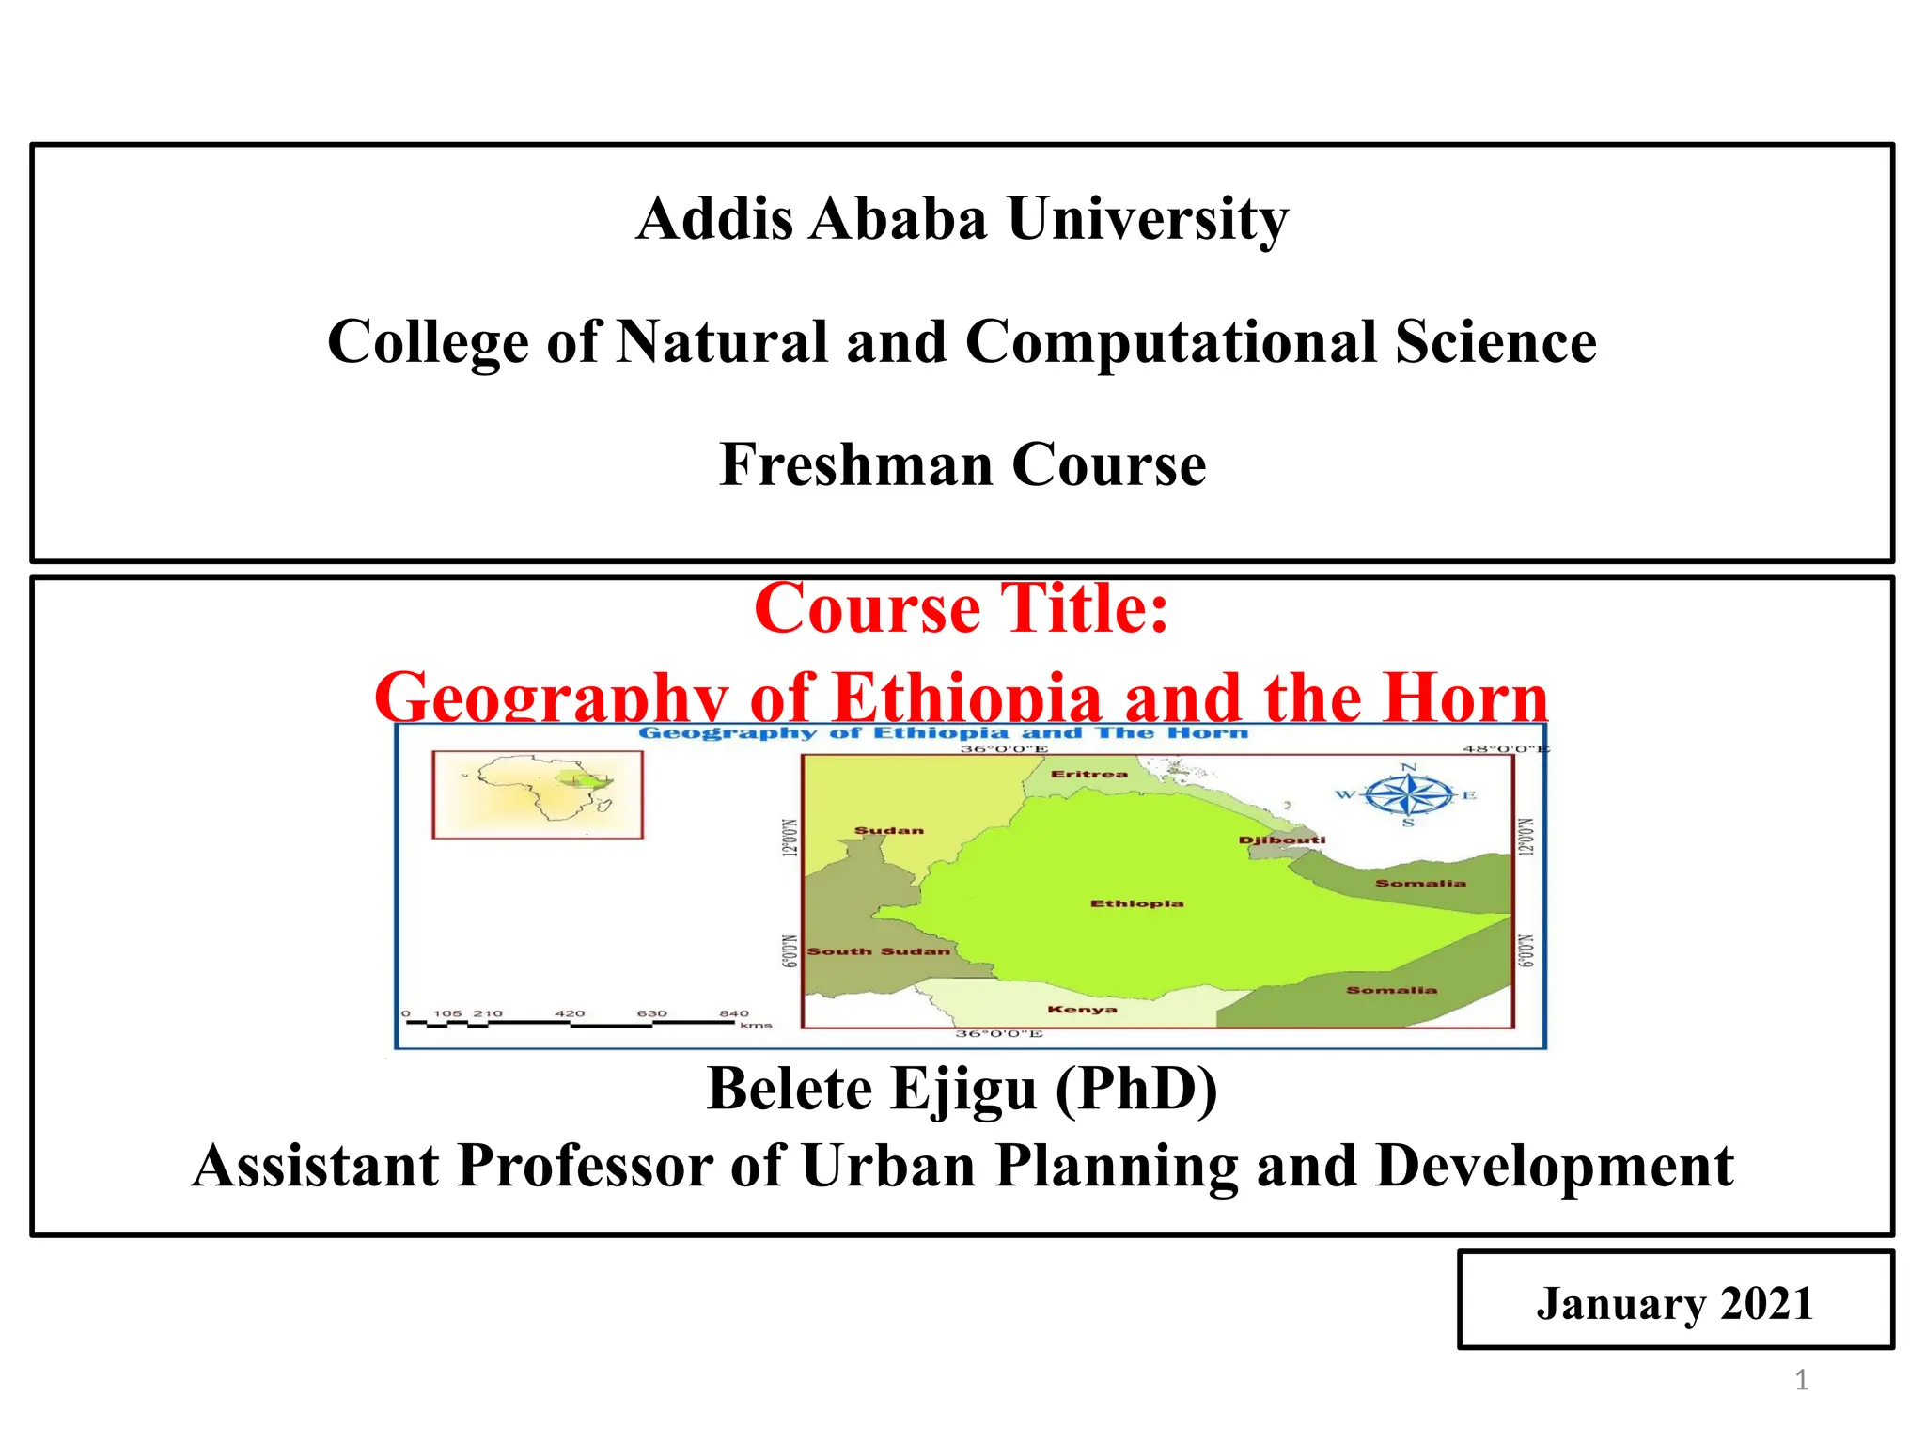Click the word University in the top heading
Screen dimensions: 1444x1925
coord(1148,219)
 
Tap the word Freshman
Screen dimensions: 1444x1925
coord(856,464)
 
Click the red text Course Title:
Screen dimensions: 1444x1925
coord(962,609)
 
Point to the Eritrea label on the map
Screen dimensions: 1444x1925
coord(1088,774)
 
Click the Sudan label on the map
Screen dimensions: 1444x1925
coord(888,830)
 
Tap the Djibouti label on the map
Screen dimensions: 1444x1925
coord(1281,840)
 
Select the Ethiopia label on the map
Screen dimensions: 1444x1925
coord(1136,903)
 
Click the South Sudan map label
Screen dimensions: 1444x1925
coord(878,951)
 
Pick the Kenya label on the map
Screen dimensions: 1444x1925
coord(1082,1010)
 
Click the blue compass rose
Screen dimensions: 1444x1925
coord(1407,796)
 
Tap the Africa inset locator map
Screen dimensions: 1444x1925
coord(538,794)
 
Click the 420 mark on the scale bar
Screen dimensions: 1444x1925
coord(570,1013)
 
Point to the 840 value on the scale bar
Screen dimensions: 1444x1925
coord(734,1013)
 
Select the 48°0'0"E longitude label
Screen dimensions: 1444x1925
coord(1504,749)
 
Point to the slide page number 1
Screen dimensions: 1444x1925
coord(1801,1380)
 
